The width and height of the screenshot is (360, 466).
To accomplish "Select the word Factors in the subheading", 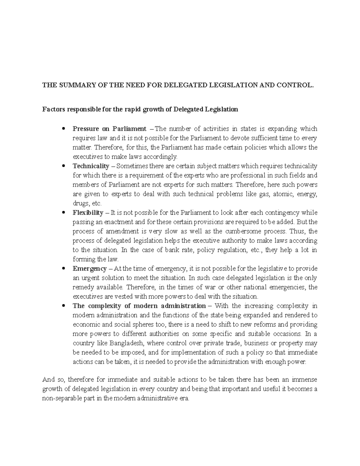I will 53,109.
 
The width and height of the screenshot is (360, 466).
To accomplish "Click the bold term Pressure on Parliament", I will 109,129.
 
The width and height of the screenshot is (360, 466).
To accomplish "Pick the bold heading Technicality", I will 91,166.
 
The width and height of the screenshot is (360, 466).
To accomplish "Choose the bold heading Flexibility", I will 88,213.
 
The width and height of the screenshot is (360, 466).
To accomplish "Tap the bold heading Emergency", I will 89,268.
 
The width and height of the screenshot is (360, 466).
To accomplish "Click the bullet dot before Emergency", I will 63,269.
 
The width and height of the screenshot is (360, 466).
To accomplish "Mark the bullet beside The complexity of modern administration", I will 63,306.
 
